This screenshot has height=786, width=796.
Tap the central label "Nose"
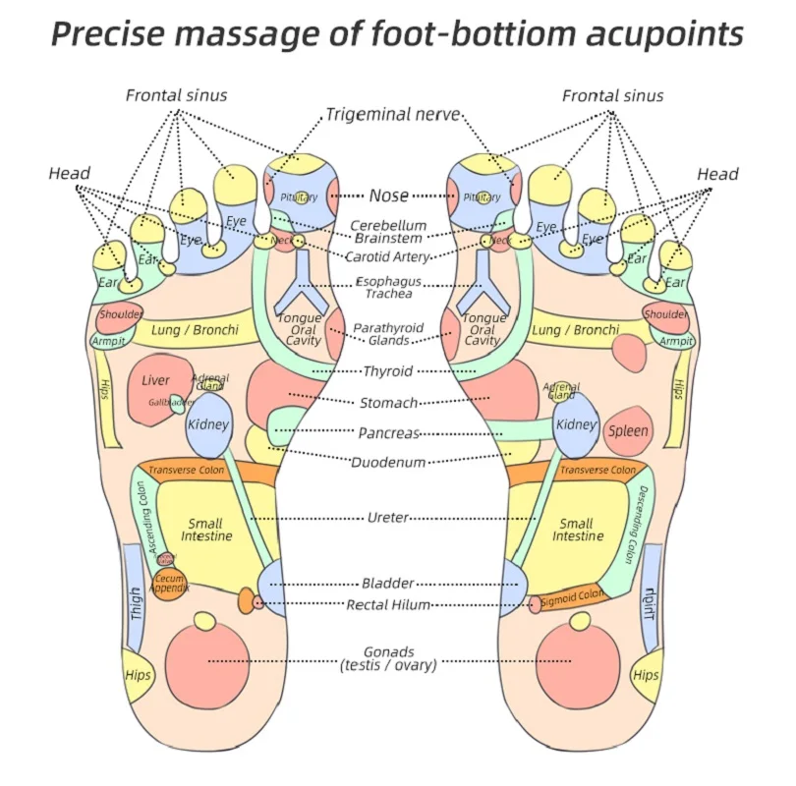[x=389, y=196]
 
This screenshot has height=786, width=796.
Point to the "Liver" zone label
[x=155, y=380]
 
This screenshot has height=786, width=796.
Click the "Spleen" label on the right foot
[x=628, y=430]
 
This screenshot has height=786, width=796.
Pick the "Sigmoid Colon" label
[x=571, y=596]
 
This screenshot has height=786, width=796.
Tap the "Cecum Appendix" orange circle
[x=169, y=584]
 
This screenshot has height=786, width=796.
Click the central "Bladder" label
[x=388, y=583]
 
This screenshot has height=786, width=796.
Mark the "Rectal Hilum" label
[x=388, y=605]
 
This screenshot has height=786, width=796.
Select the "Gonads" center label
[x=388, y=651]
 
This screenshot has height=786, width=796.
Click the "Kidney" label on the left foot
[x=207, y=424]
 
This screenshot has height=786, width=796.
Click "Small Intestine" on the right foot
[x=578, y=530]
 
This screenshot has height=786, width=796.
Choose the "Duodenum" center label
[x=388, y=462]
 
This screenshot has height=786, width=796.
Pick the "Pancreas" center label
[x=388, y=432]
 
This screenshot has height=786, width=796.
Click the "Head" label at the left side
[x=69, y=174]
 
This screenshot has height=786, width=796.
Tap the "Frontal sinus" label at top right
[x=612, y=95]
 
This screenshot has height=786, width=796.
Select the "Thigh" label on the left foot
[x=137, y=602]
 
